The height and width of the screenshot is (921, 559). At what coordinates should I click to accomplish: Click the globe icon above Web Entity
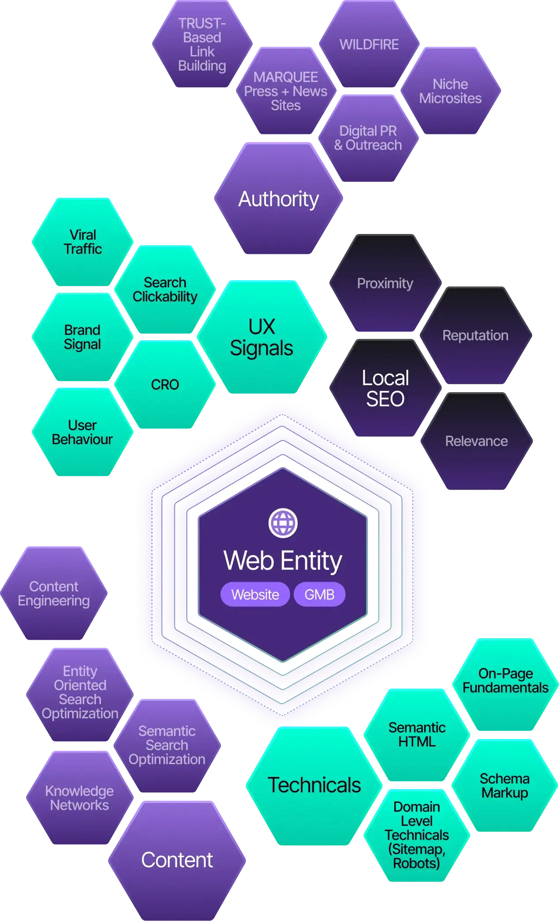(283, 523)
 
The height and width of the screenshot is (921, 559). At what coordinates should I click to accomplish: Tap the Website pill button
(255, 594)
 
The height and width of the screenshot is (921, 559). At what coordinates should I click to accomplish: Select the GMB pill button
(319, 594)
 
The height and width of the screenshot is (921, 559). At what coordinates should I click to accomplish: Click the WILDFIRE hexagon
(369, 45)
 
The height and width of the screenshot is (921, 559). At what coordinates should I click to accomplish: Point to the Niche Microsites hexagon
(450, 91)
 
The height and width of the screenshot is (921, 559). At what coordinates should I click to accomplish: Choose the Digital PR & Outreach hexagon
(368, 138)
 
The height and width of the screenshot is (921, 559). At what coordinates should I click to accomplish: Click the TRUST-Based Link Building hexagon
(202, 45)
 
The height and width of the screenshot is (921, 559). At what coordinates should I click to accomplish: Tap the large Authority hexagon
(278, 199)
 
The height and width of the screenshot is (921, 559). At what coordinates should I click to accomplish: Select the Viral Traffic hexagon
(82, 242)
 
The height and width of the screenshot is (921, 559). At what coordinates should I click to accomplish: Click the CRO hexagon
(165, 385)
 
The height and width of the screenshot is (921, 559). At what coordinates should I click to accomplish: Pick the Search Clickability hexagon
(165, 290)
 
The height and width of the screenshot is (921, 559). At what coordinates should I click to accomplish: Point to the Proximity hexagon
(385, 283)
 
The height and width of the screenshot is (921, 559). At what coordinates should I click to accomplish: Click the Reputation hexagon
(475, 335)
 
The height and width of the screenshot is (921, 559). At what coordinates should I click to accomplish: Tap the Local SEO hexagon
(385, 388)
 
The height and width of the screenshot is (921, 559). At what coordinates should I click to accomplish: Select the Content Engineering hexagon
(54, 594)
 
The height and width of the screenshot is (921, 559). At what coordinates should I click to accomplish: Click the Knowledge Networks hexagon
(79, 798)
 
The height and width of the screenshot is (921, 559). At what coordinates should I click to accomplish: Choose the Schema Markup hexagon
(505, 786)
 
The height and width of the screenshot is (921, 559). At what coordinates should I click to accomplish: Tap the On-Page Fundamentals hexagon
(505, 681)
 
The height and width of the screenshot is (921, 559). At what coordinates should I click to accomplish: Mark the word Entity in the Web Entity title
(311, 561)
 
